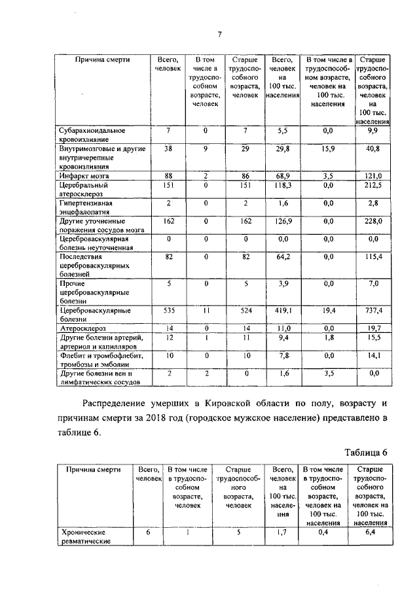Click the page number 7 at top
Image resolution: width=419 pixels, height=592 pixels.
click(x=221, y=35)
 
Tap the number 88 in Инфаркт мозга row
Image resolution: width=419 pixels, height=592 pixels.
click(x=168, y=177)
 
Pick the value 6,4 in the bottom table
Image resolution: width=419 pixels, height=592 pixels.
click(x=372, y=532)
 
